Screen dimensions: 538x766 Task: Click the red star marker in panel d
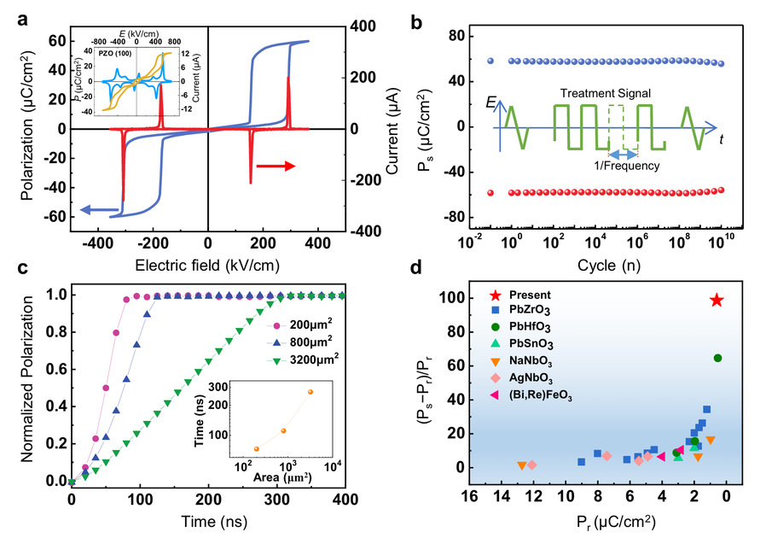717,301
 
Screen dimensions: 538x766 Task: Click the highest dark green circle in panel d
717,358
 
